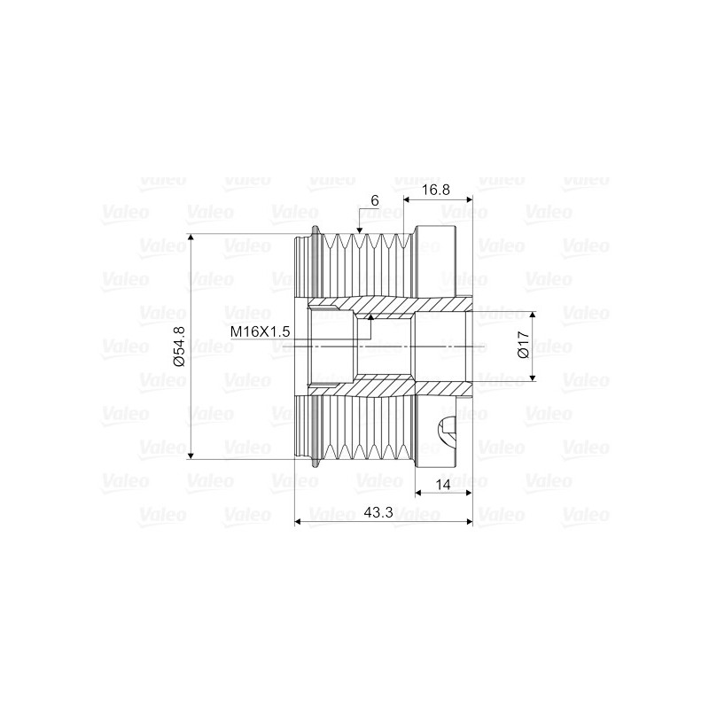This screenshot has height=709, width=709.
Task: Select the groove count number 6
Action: click(375, 201)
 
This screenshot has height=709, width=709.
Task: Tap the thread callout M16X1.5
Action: click(260, 331)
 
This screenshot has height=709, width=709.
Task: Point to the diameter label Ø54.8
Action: click(178, 347)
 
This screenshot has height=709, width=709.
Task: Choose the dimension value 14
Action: click(443, 485)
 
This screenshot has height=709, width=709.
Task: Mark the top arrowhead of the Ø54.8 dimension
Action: click(191, 238)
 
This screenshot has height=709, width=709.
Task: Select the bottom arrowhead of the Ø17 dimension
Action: click(534, 377)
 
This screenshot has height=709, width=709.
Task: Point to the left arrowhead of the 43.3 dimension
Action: click(298, 522)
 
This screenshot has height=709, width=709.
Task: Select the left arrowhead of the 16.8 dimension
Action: click(408, 199)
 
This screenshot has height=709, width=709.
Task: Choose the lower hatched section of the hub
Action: click(390, 386)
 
